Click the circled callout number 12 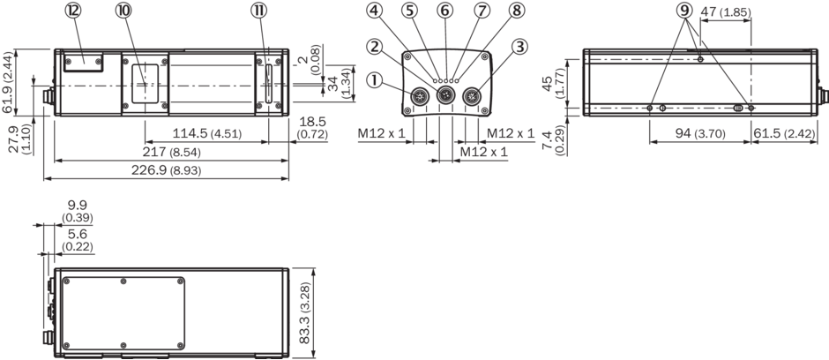click(x=73, y=11)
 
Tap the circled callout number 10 click(x=123, y=11)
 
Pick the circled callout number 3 click(x=519, y=45)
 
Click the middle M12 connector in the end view click(x=444, y=96)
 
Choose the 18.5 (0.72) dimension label click(x=312, y=127)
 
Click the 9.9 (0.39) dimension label click(x=77, y=211)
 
